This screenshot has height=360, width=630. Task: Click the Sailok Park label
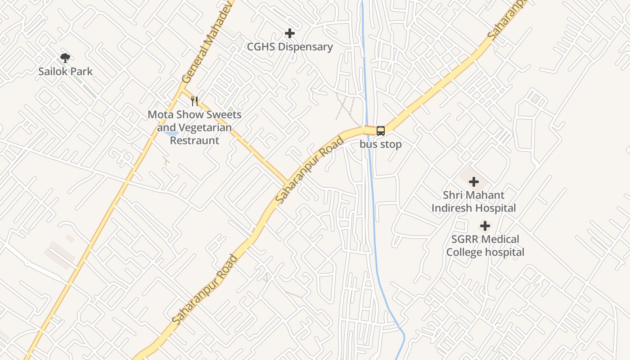pos(65,71)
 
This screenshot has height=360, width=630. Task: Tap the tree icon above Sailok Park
pos(65,58)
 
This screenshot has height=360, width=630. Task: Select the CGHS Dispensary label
pos(290,47)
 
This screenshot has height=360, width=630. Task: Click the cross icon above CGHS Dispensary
pos(290,33)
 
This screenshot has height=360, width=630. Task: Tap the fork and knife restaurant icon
pos(194,101)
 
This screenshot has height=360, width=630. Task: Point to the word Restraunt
pos(194,140)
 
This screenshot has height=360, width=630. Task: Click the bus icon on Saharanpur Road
pos(381,131)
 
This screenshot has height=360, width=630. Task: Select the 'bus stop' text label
pos(381,144)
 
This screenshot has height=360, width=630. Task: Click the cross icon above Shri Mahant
pos(474,182)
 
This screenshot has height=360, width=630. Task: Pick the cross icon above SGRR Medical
pos(485,226)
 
